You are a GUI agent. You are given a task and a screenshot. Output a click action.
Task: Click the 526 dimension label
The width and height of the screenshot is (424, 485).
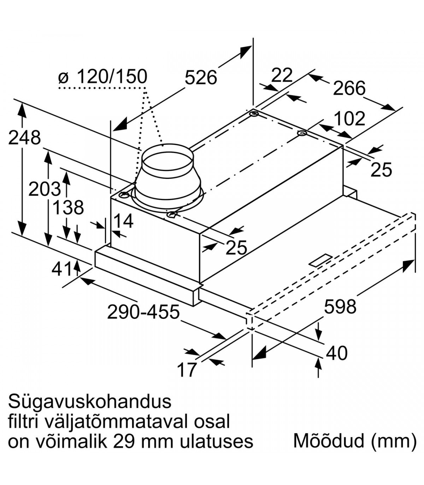201,77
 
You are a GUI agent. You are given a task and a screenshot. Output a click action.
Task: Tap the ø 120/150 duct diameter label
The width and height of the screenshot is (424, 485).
102,76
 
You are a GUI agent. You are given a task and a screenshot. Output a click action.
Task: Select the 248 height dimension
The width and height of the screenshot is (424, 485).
24,138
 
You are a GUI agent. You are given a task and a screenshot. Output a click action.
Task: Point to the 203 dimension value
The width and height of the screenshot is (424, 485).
45,189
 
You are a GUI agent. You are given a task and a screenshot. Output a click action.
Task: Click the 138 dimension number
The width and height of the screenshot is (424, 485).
68,208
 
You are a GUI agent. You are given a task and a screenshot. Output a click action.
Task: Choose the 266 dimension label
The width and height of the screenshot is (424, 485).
349,88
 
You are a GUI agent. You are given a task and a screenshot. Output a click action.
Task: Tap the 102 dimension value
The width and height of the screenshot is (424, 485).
349,119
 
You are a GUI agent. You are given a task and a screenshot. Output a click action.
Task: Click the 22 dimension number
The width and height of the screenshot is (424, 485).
282,75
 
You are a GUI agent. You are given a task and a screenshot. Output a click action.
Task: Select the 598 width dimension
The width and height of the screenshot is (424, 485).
340,306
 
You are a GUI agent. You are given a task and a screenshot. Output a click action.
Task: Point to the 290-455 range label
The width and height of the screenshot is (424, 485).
143,312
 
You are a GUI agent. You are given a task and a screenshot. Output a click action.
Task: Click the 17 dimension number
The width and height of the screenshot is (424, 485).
186,370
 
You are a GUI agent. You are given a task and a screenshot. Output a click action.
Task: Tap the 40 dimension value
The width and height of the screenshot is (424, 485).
337,353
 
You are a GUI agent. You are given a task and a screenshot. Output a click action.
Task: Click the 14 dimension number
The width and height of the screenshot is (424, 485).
123,221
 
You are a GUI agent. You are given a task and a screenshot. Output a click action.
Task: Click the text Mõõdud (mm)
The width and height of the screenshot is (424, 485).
355,441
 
